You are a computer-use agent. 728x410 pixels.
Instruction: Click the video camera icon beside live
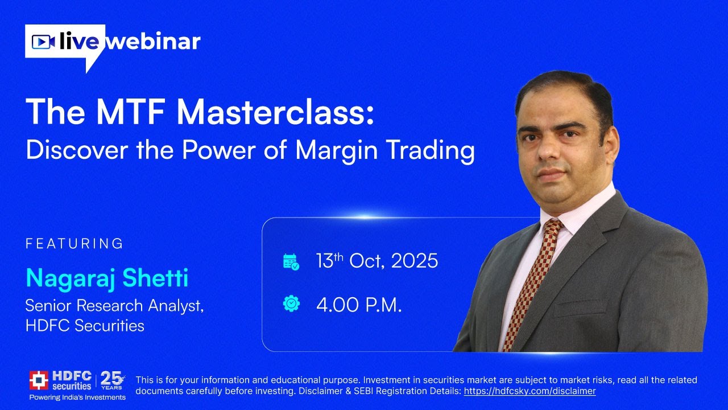coord(43,42)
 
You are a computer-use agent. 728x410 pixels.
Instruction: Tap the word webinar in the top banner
coord(154,42)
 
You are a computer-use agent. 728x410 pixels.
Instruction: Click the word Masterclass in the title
coord(275,112)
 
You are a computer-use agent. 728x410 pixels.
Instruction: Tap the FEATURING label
coord(75,244)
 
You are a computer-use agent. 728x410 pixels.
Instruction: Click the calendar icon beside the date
coord(291,261)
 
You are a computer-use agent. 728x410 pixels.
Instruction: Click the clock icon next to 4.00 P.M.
coord(291,304)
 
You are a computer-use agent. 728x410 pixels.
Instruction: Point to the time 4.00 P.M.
coord(359,305)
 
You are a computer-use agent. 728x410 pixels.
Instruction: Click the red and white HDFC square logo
coord(39,380)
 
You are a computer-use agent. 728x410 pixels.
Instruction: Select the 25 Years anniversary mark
coord(112,380)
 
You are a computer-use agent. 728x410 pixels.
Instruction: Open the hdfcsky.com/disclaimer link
coord(530,391)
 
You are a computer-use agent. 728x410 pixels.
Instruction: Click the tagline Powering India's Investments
coord(77,397)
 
